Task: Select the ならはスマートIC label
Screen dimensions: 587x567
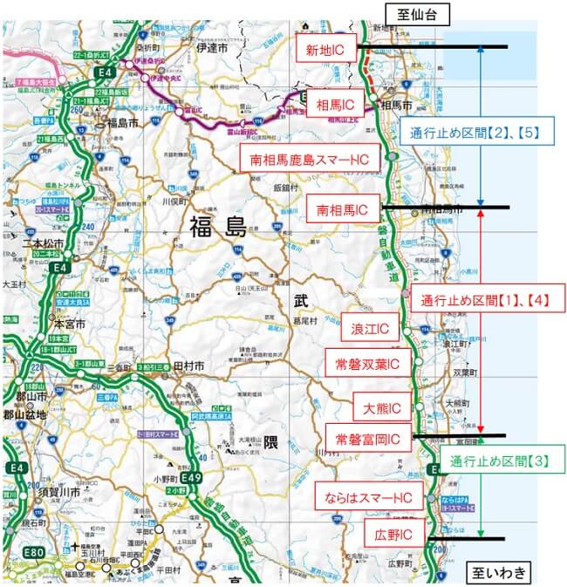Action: click(363, 497)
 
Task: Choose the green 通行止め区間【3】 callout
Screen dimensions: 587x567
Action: click(500, 461)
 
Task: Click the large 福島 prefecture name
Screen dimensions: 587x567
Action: click(219, 229)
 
